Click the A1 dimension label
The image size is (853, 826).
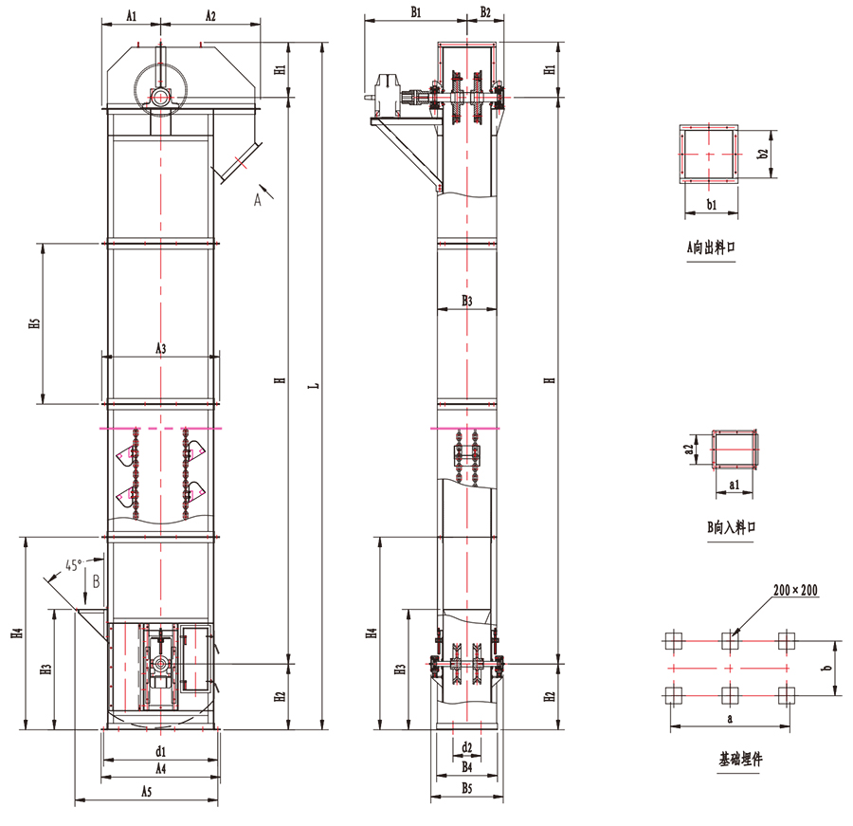tap(131, 15)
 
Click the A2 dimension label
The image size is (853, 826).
tap(210, 15)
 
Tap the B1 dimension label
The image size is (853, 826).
tap(416, 12)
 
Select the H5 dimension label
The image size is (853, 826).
tap(35, 322)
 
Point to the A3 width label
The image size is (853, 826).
tap(161, 348)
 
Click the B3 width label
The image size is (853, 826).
tap(467, 301)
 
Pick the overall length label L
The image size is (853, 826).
tap(315, 385)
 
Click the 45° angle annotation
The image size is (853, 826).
tap(73, 564)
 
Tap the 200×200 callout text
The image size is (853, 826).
tap(795, 590)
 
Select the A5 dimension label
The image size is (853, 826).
tap(146, 792)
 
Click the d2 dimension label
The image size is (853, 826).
tap(466, 747)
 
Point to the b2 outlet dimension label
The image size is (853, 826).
tap(763, 154)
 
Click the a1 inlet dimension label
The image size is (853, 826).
tap(734, 484)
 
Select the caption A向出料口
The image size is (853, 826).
tap(711, 248)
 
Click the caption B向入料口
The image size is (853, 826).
tap(732, 527)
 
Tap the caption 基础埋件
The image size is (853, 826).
tap(741, 759)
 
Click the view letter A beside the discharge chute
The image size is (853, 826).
tap(257, 200)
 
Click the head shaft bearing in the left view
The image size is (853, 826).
tap(160, 98)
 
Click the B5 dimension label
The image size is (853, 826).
tap(466, 787)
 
